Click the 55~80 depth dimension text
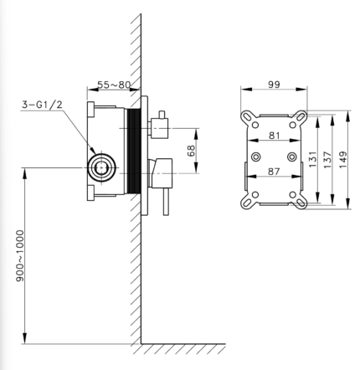coord(114,85)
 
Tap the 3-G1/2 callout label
coord(42,105)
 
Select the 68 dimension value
coord(192,151)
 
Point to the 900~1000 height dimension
coord(20,255)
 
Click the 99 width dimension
coord(274,85)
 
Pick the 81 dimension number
coord(275,136)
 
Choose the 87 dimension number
coord(274,172)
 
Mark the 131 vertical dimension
coord(313,159)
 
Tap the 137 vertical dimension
coord(328,159)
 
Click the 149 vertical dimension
coord(343,159)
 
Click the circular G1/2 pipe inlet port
coord(101,167)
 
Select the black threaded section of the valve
coord(134,151)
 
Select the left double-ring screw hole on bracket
coord(256,157)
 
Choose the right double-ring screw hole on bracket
coord(292,157)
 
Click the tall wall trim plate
coord(144,156)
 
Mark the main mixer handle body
coord(160,173)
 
